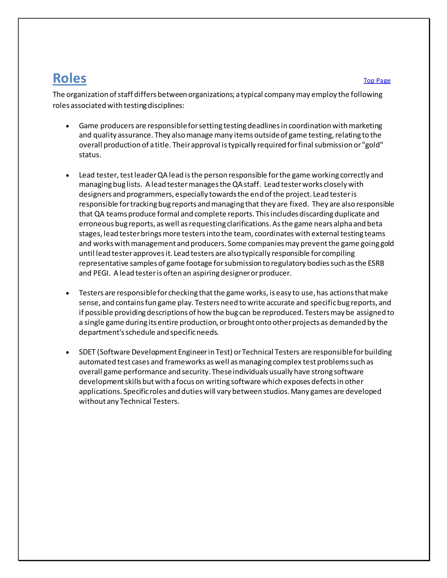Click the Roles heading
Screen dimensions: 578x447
click(x=69, y=78)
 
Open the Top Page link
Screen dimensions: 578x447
click(x=377, y=80)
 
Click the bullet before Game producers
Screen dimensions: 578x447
click(x=67, y=126)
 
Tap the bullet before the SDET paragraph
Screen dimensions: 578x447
click(x=67, y=352)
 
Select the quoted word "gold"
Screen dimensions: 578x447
click(x=374, y=145)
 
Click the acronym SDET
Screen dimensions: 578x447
click(x=87, y=352)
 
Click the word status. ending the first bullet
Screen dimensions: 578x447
click(x=90, y=155)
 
